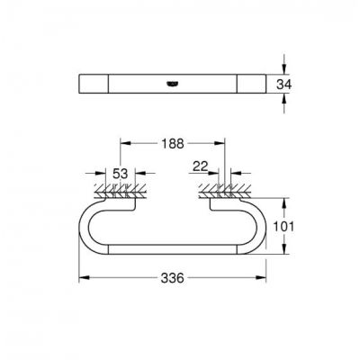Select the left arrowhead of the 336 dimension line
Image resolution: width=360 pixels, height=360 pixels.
(x=82, y=278)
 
